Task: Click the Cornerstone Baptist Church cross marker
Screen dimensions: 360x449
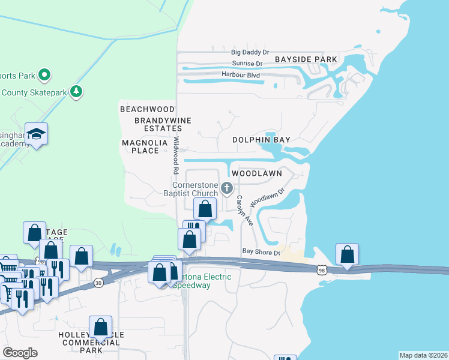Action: [227, 188]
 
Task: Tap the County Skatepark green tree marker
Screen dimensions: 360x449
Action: [76, 92]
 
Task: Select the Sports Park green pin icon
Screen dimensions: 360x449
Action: [44, 76]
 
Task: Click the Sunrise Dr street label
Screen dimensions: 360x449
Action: [247, 64]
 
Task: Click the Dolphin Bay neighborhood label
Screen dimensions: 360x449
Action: [262, 140]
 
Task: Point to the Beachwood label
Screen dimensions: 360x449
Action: [147, 109]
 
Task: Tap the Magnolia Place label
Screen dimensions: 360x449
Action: [140, 146]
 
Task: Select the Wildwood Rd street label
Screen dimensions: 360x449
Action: [176, 155]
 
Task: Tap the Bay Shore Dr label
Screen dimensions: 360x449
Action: [261, 253]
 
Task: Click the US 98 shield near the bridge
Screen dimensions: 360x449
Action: [322, 271]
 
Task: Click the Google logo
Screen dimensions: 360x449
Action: [20, 353]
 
